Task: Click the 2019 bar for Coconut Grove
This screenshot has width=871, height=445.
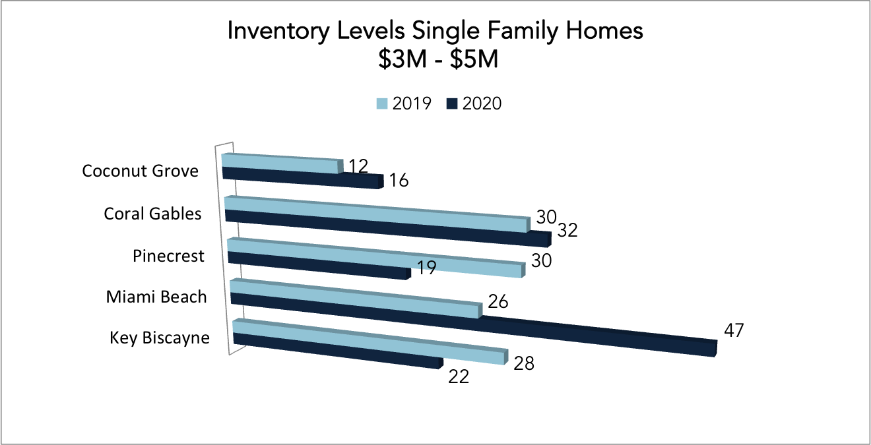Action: click(x=282, y=163)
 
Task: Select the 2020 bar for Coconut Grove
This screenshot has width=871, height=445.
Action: click(x=303, y=178)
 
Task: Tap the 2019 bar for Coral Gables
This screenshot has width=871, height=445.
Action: click(x=377, y=214)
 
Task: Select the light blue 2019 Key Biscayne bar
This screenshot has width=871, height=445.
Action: click(x=371, y=341)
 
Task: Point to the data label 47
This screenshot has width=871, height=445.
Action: click(x=734, y=330)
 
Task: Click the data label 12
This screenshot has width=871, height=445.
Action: click(x=358, y=166)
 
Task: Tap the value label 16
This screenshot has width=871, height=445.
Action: click(x=399, y=181)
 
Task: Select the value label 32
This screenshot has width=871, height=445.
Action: click(x=567, y=230)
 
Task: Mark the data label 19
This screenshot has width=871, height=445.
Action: click(x=426, y=268)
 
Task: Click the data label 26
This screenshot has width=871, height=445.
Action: click(x=498, y=301)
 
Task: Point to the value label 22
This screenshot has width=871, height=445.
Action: click(x=459, y=376)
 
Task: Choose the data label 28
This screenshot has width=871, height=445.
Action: click(x=524, y=363)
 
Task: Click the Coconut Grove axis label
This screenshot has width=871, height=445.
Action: click(x=141, y=171)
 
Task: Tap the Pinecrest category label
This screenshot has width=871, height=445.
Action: click(x=168, y=256)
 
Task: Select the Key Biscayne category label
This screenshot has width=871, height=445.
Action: click(x=160, y=338)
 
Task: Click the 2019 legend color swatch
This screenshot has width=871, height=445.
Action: click(x=382, y=104)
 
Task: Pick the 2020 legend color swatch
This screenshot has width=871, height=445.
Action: click(x=452, y=104)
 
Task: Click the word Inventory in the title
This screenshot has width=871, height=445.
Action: click(x=278, y=31)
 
